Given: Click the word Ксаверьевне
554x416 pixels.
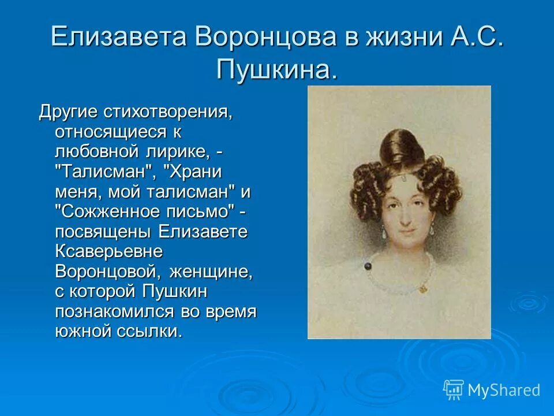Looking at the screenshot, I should (109, 252).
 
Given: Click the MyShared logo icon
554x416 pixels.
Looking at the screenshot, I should (453, 389).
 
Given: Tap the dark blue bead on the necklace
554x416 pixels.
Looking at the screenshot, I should (367, 265).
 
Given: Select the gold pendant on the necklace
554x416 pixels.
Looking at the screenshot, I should (423, 287).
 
